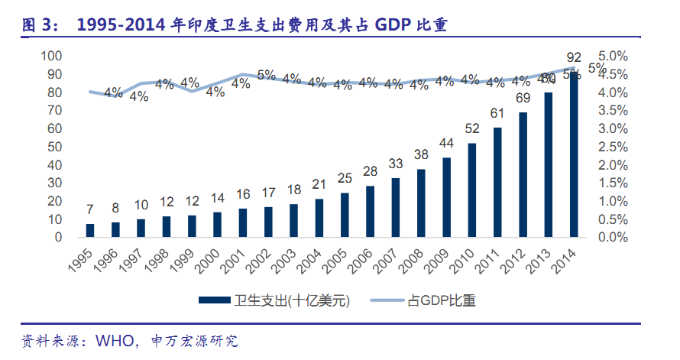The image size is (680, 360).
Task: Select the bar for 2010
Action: [473, 190]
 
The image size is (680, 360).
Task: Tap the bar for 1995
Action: [90, 230]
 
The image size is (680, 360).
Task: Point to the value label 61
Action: [497, 114]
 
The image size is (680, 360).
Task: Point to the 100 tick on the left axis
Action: [50, 56]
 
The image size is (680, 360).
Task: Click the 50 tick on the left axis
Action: [53, 147]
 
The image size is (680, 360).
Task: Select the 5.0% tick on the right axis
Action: [613, 56]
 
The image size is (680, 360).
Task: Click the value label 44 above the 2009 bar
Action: [447, 144]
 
